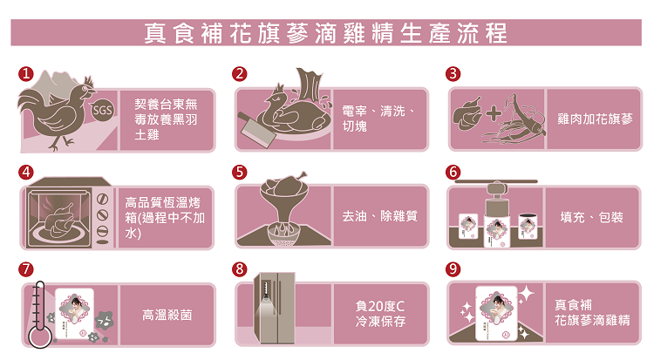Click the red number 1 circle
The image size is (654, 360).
point(26,74)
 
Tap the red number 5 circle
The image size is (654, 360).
point(240,172)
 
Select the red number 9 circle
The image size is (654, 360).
point(453,269)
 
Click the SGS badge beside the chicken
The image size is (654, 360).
point(103,110)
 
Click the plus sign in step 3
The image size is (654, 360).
point(494,113)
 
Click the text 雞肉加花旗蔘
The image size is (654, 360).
point(596,119)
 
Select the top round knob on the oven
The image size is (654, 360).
point(103,200)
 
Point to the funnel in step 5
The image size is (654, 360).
point(284,204)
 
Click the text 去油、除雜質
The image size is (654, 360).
point(380,216)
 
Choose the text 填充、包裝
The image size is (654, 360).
point(592,217)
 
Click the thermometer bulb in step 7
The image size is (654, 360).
point(40,336)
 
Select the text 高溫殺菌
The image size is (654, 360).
point(167,315)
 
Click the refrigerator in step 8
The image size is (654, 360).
point(275,308)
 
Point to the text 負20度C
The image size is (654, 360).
point(380,306)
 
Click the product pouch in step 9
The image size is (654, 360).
point(496,314)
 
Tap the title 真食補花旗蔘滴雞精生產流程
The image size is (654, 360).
point(326,33)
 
